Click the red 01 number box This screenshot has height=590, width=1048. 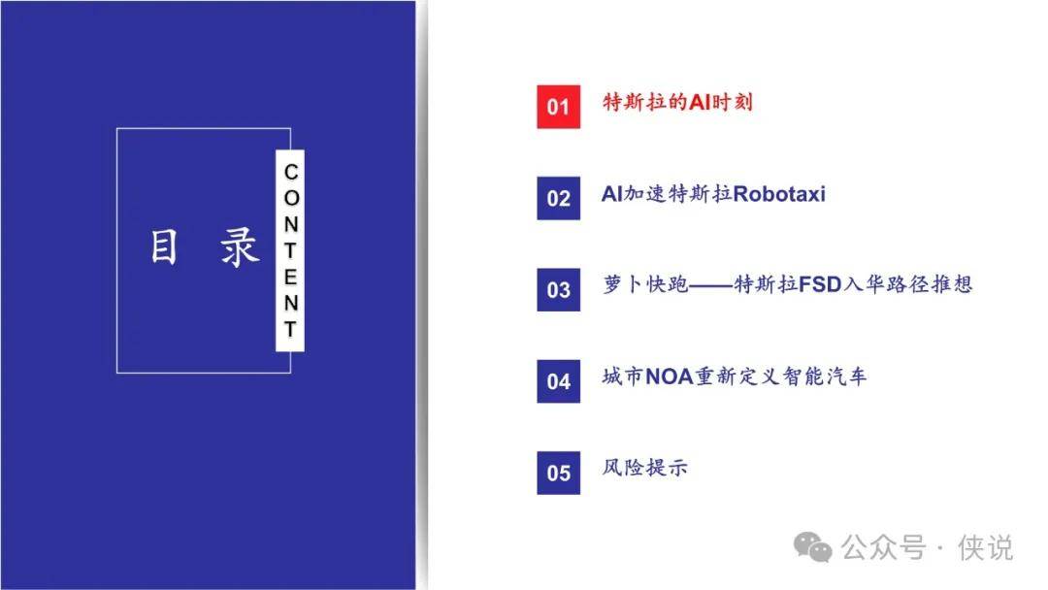coord(558,106)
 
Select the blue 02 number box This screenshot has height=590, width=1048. coord(558,198)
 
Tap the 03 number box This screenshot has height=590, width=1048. coord(558,289)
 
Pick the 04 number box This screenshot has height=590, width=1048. coord(558,380)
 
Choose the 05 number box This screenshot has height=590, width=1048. coord(558,473)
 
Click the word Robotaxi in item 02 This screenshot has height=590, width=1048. coord(779,194)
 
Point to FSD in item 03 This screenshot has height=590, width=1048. coord(819,284)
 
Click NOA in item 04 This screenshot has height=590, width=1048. coord(670,377)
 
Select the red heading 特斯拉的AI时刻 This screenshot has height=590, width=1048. coord(677,102)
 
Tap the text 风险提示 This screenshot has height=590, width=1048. coord(645,467)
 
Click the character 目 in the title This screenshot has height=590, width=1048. coord(164,246)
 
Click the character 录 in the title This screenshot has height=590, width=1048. coord(240,246)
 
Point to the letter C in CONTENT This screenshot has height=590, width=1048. coord(291,172)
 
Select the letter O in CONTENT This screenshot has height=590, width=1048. coord(291,198)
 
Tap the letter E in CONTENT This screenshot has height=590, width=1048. coord(291,277)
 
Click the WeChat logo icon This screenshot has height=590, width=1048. coord(813,546)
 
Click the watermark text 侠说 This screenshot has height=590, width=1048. coord(985,547)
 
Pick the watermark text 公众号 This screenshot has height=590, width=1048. coord(883,547)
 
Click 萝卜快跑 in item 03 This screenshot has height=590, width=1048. coord(645,284)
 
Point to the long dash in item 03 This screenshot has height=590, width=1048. coord(710,285)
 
